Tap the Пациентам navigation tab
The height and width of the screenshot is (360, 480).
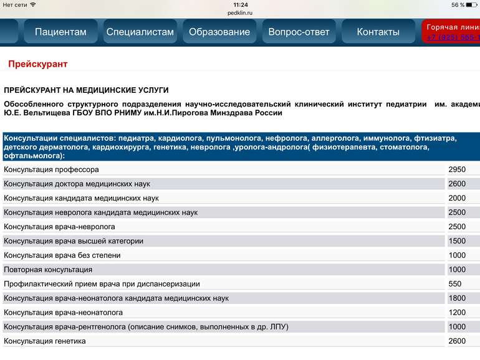point(60,32)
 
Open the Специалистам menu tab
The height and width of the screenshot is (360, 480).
point(140,32)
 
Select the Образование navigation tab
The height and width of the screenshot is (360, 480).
point(219,32)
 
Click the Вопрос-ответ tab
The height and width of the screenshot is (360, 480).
point(299,32)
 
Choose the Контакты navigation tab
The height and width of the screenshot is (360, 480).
point(378,32)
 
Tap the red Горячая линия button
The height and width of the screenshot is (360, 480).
point(452,32)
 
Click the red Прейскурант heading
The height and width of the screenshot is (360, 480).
point(38,64)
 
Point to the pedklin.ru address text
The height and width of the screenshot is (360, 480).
point(240,12)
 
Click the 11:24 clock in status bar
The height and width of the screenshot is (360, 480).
point(240,4)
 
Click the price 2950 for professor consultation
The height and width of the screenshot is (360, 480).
point(457,169)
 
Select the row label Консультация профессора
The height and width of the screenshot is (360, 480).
point(51,169)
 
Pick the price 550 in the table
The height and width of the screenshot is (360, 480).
point(455,284)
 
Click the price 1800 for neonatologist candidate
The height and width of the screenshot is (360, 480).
point(457,298)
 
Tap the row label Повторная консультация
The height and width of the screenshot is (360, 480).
point(48,270)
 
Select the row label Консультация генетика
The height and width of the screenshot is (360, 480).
point(45,341)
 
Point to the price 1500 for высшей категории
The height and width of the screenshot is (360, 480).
point(457,241)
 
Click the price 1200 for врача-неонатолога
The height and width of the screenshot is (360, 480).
point(457,313)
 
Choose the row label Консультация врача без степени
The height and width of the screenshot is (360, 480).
point(62,255)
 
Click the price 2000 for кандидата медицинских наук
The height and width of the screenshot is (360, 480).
point(457,198)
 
